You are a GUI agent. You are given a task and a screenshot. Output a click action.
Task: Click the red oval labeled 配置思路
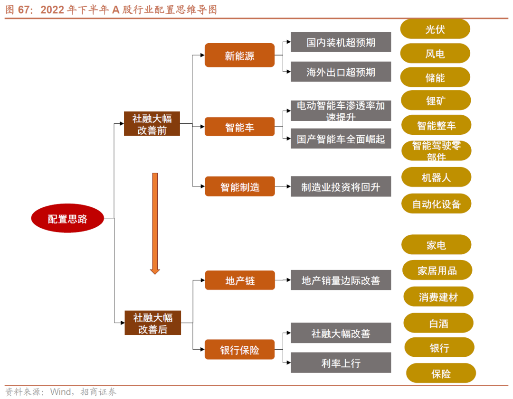(x=67, y=219)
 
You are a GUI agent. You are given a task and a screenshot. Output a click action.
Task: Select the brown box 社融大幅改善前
(x=152, y=123)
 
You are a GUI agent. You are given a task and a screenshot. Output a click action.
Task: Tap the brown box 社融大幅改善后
(x=152, y=323)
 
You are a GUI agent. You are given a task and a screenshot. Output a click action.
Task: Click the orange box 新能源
(x=239, y=56)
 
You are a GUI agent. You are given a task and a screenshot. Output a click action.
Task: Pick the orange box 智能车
(x=239, y=127)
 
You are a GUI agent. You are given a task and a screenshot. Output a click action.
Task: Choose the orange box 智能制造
(x=239, y=186)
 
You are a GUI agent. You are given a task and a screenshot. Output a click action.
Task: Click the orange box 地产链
(x=240, y=280)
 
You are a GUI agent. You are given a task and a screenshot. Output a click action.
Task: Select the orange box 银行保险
(x=239, y=350)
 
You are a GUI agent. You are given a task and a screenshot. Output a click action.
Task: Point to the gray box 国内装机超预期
(x=341, y=42)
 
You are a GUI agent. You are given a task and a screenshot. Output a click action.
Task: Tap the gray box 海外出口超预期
(x=341, y=72)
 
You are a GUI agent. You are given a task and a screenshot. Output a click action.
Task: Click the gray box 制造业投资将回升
(x=341, y=186)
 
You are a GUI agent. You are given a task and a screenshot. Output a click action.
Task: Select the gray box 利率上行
(x=341, y=363)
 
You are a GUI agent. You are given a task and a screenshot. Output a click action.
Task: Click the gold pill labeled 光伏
(x=435, y=29)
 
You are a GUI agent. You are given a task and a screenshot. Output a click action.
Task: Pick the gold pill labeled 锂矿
(x=436, y=101)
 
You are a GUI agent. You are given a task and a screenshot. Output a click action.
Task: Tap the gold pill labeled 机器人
(x=436, y=177)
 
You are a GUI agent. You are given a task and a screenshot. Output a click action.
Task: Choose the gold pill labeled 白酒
(x=438, y=324)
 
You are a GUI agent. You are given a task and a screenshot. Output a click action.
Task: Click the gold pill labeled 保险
(x=441, y=373)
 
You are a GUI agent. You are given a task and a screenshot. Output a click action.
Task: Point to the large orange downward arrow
(x=155, y=223)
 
